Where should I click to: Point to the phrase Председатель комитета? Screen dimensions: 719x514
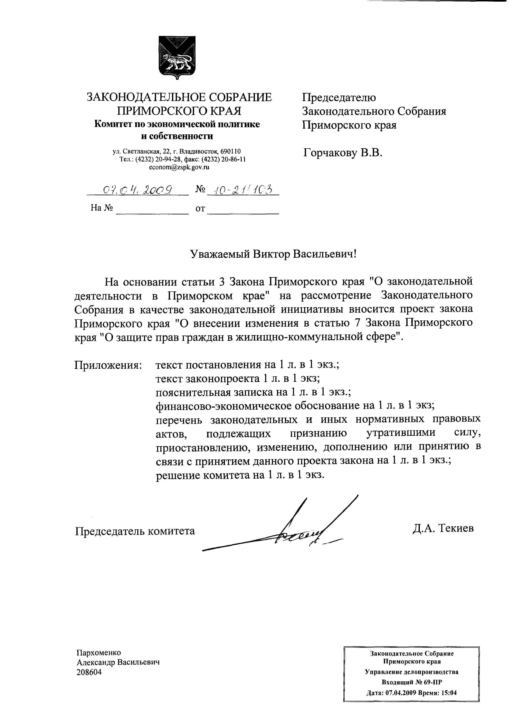point(135,531)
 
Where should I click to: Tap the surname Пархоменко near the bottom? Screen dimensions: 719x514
point(99,653)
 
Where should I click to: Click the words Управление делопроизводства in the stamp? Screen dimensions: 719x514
point(411,672)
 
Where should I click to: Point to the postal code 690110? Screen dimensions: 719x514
point(230,152)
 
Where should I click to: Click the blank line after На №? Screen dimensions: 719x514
point(152,209)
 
